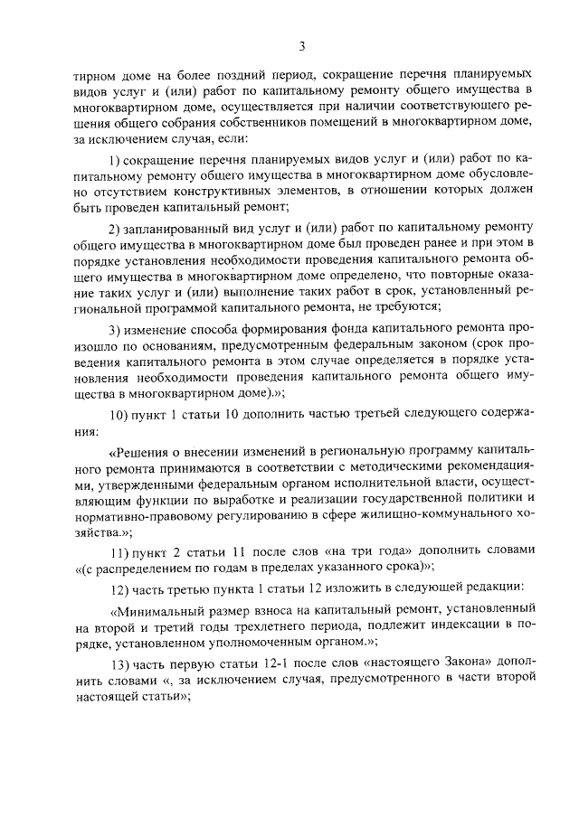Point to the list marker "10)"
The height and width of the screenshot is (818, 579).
117,412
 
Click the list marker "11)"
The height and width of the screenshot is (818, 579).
117,550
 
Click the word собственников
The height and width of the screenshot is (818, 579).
290,124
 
